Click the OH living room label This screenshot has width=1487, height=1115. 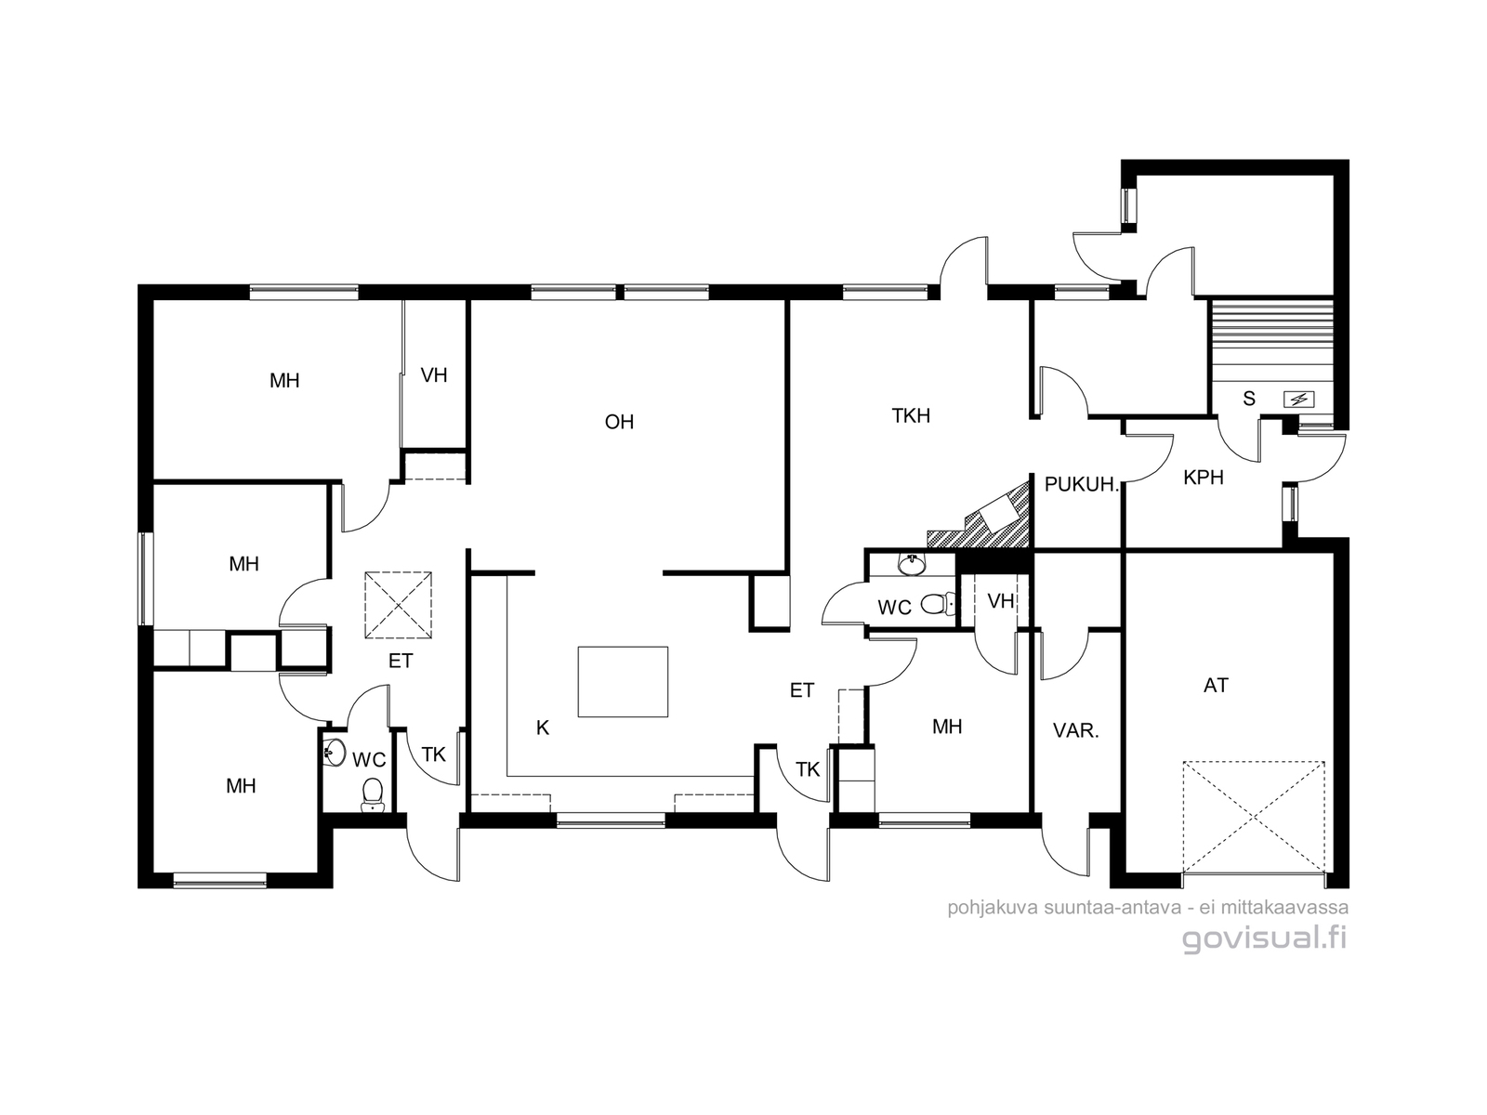[619, 422]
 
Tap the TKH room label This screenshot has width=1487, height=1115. [911, 415]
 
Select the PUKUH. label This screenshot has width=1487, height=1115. [1081, 485]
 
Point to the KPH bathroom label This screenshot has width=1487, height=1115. [1204, 478]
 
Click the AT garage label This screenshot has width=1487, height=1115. [1216, 686]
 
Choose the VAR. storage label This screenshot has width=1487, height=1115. [1076, 731]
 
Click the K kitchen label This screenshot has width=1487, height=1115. [543, 728]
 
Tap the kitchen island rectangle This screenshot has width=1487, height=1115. [623, 681]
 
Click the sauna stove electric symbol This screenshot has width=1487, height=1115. [1298, 400]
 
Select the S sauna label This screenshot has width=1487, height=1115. [1249, 399]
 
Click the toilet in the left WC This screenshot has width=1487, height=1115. [372, 794]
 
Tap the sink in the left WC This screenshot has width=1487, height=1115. [335, 753]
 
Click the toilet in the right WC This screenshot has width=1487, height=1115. [940, 603]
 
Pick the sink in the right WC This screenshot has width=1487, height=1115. [911, 564]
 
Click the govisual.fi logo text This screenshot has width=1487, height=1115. [1264, 939]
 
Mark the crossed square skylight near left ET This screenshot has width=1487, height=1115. [399, 605]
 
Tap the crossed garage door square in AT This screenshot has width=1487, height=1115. [1254, 818]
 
